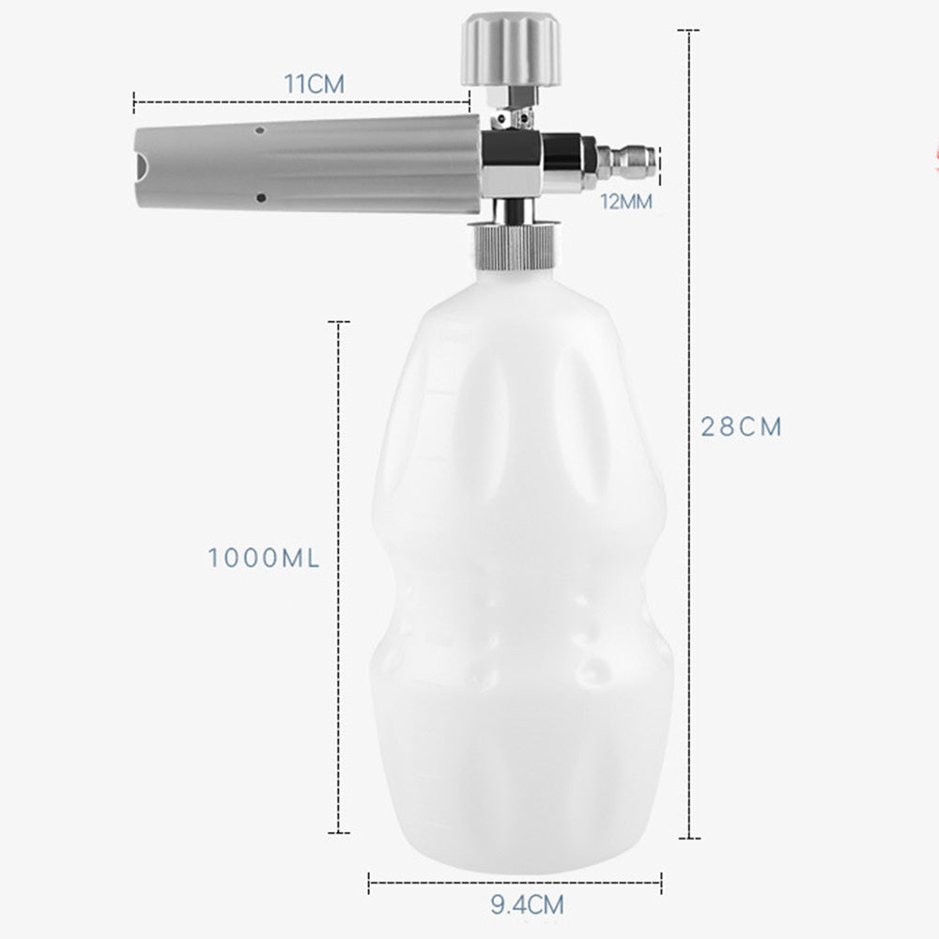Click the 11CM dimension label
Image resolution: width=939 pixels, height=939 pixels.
[315, 84]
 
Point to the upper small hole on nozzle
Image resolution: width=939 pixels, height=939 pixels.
[261, 125]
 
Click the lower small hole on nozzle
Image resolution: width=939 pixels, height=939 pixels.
[261, 197]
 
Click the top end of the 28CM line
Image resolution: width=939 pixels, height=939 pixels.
[690, 30]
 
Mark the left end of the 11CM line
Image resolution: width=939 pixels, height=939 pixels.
[134, 97]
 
